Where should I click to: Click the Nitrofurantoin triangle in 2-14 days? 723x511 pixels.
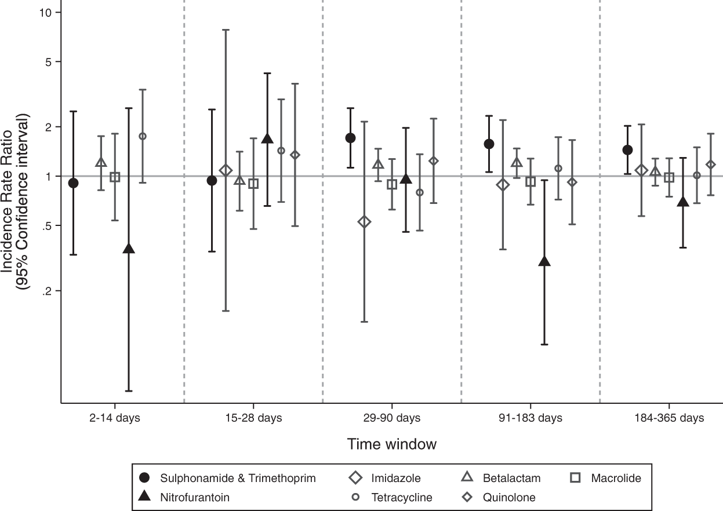click(x=129, y=249)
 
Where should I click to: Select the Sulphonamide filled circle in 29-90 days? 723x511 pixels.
click(x=350, y=138)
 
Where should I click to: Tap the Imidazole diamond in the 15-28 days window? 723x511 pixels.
click(x=226, y=170)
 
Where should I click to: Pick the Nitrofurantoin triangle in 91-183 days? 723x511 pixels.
click(x=544, y=261)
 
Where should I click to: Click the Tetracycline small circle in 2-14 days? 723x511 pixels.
click(x=143, y=136)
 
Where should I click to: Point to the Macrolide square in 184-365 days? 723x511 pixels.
click(x=669, y=177)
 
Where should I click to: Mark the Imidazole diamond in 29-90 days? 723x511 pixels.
click(x=364, y=222)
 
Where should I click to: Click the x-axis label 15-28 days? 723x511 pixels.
click(x=253, y=418)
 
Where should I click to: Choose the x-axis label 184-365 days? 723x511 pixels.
click(x=669, y=418)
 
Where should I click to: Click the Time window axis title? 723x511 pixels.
click(x=391, y=444)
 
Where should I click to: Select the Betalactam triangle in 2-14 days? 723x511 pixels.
click(x=101, y=162)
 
